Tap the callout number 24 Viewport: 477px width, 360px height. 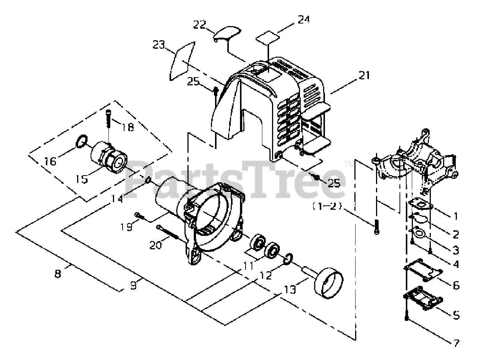pyautogui.click(x=303, y=19)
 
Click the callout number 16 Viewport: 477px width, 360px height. pyautogui.click(x=50, y=161)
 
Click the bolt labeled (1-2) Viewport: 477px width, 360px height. pyautogui.click(x=376, y=227)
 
